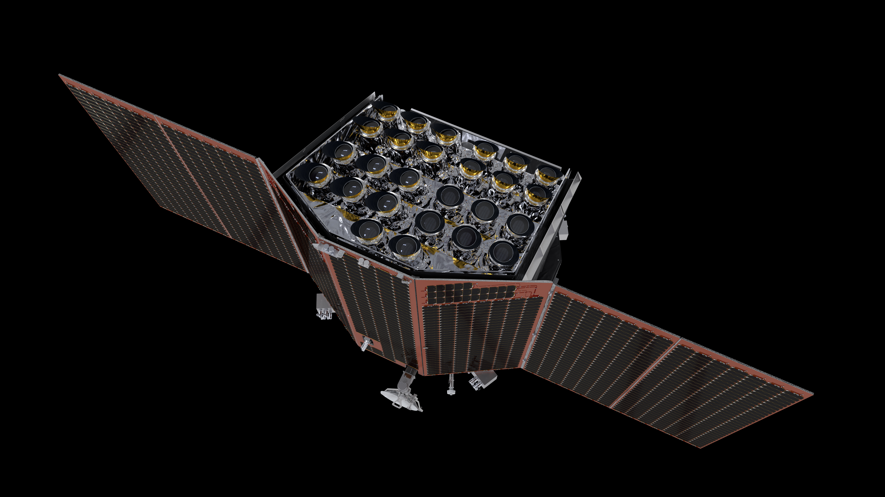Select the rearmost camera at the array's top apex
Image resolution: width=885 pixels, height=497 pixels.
click(388, 111)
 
